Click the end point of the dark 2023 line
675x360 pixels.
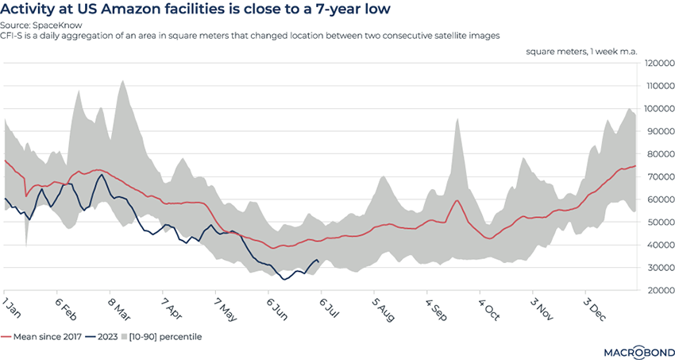318,261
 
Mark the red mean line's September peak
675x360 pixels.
457,200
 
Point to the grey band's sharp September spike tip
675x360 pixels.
457,119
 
